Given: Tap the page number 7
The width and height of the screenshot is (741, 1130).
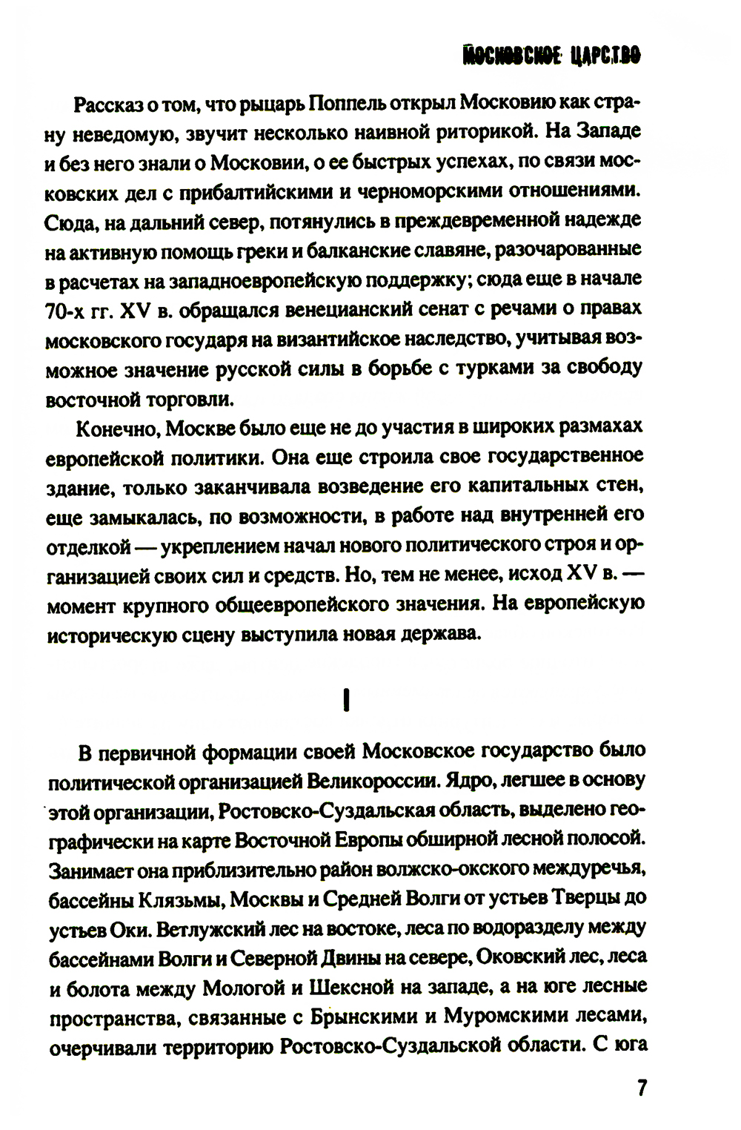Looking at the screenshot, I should pos(642,1088).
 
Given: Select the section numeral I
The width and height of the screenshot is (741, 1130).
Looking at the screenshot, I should pos(345,701).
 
